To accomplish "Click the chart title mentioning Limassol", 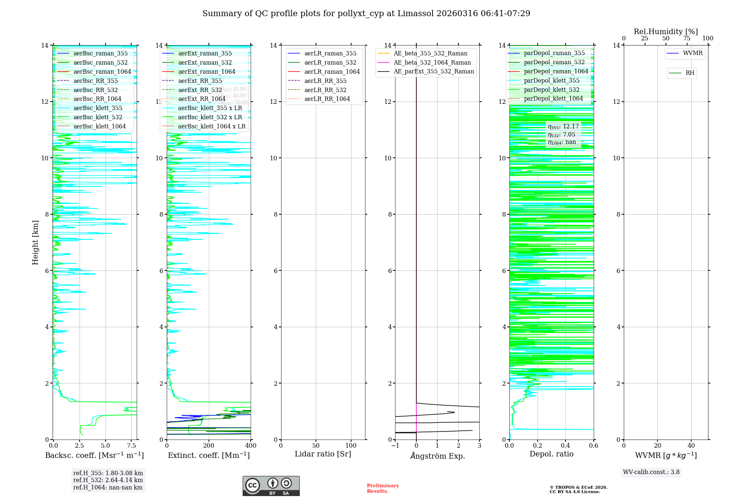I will pyautogui.click(x=366, y=14).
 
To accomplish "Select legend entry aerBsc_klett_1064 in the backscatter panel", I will pyautogui.click(x=99, y=126).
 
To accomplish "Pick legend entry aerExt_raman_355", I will pyautogui.click(x=205, y=53).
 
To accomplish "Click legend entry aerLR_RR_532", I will pyautogui.click(x=325, y=90).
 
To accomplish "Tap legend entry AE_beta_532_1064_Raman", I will pyautogui.click(x=432, y=62).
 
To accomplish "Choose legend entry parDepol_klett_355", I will pyautogui.click(x=552, y=80).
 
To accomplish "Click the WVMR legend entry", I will pyautogui.click(x=693, y=53).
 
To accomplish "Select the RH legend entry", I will pyautogui.click(x=690, y=73).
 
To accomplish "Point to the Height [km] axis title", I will pyautogui.click(x=35, y=242).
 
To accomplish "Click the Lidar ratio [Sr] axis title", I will pyautogui.click(x=323, y=454).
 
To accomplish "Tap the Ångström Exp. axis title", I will pyautogui.click(x=437, y=456).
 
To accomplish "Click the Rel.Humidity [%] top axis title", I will pyautogui.click(x=666, y=32).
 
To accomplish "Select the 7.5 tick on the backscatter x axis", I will pyautogui.click(x=132, y=446).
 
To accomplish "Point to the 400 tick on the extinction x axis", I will pyautogui.click(x=251, y=446).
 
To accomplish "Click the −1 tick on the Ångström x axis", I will pyautogui.click(x=395, y=446).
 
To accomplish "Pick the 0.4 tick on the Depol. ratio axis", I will pyautogui.click(x=566, y=446).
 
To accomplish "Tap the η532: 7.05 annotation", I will pyautogui.click(x=561, y=135).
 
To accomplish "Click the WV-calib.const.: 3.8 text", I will pyautogui.click(x=651, y=472).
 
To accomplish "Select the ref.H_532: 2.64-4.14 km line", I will pyautogui.click(x=108, y=480).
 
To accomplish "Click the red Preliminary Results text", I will pyautogui.click(x=383, y=488).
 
